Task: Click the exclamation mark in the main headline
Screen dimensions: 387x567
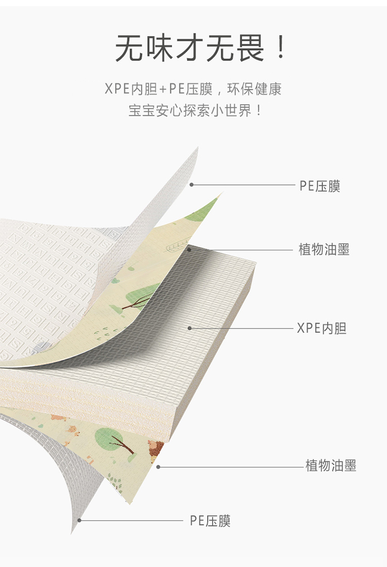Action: pos(280,48)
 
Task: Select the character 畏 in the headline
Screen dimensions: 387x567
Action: pos(248,48)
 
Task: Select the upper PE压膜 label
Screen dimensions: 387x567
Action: pos(320,186)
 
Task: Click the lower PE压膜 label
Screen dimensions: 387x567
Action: pos(210,521)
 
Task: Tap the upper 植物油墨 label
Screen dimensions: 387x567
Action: pos(324,250)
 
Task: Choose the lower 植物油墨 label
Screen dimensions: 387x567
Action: pos(331,466)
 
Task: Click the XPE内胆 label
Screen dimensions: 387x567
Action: pos(321,328)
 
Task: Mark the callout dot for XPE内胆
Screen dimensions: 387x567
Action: pos(190,328)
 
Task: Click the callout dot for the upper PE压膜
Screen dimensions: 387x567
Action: pos(191,184)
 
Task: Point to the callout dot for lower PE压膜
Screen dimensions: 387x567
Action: pos(79,520)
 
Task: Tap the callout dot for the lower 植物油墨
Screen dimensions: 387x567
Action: pos(158,467)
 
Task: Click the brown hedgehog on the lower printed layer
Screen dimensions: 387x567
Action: pos(156,448)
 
